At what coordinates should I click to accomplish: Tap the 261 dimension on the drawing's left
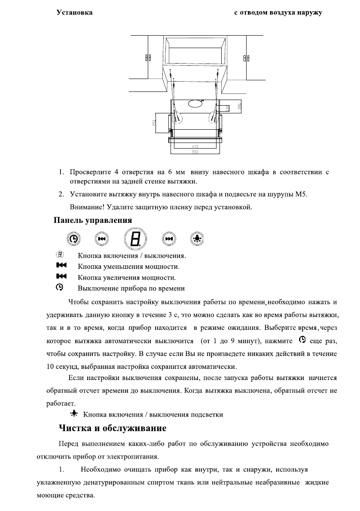click(154, 123)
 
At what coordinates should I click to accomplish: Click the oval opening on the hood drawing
click(195, 103)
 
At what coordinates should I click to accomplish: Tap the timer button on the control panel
click(74, 238)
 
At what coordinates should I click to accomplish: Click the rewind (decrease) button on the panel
click(102, 238)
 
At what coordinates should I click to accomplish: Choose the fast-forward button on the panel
click(169, 238)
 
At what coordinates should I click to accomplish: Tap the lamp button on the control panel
click(198, 238)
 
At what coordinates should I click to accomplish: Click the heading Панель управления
click(92, 220)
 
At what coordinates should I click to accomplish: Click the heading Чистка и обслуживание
click(112, 429)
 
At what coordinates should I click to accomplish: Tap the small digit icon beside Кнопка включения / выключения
click(60, 255)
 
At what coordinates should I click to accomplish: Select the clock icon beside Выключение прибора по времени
click(60, 287)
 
